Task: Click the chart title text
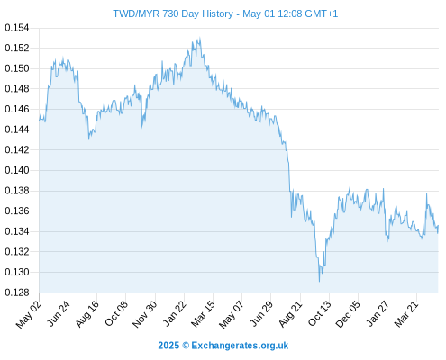(225, 13)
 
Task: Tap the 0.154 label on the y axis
(17, 28)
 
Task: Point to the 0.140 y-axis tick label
(17, 170)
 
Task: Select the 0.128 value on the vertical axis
(17, 292)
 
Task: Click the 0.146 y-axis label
(17, 109)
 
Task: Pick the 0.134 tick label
(17, 231)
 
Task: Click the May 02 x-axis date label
(29, 314)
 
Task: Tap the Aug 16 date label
(86, 314)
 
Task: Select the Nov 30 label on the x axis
(144, 314)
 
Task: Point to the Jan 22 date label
(174, 314)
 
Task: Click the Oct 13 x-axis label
(319, 314)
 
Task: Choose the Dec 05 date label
(348, 314)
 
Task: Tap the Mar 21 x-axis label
(406, 314)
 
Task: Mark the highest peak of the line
(199, 38)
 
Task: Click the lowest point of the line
(319, 282)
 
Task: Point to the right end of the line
(438, 226)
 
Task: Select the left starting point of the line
(39, 120)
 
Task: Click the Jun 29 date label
(261, 314)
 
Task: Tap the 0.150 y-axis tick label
(17, 68)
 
